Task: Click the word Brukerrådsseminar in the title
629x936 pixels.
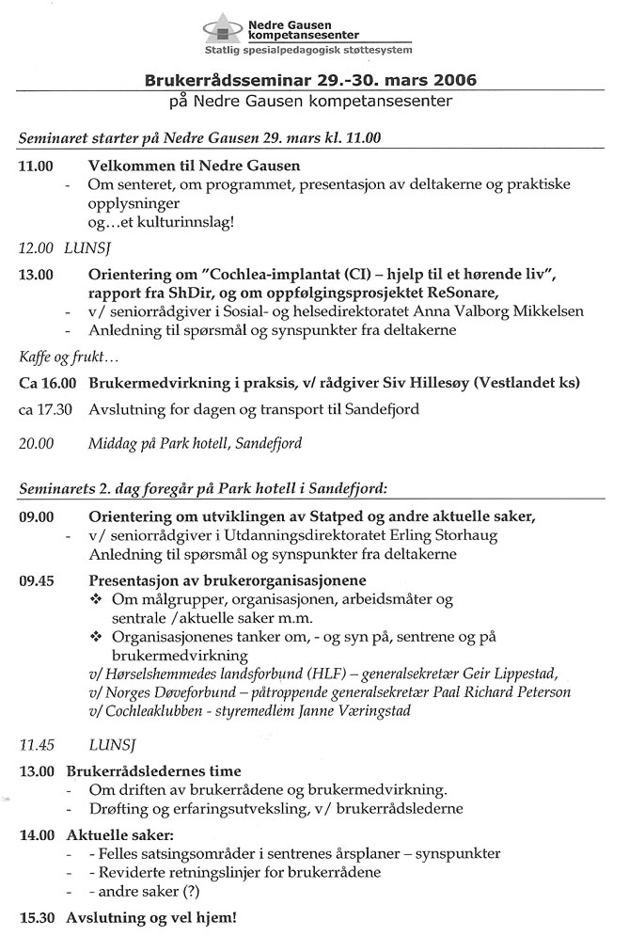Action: tap(224, 80)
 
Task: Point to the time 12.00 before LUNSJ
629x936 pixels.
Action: tap(37, 250)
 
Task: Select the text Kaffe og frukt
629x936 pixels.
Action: tap(64, 357)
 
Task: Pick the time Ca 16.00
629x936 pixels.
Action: tap(48, 383)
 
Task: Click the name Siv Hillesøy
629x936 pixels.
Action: tap(440, 383)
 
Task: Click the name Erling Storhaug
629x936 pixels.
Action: tap(443, 535)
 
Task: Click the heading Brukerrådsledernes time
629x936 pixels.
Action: tap(154, 770)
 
